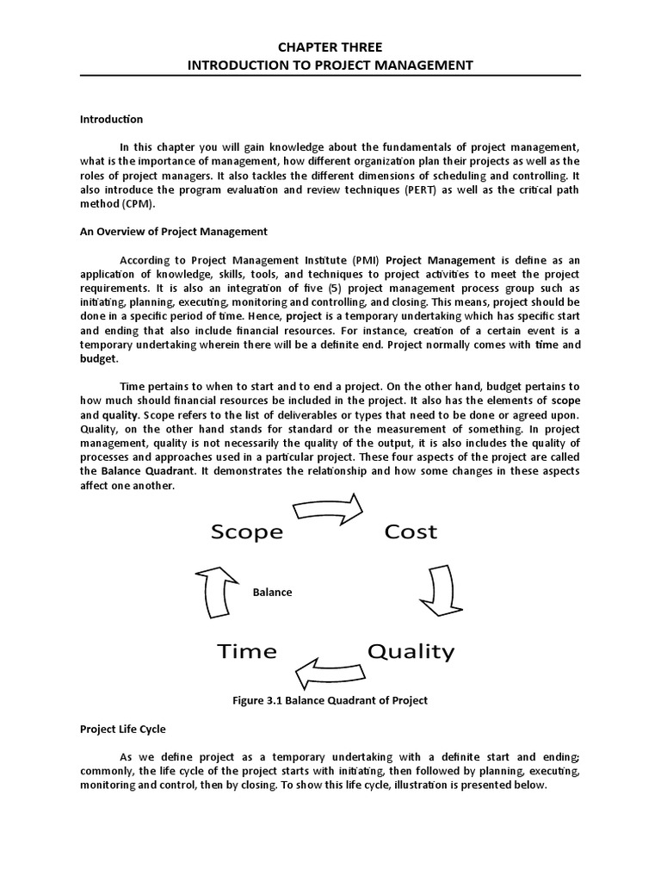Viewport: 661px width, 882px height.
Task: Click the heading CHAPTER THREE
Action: click(x=330, y=47)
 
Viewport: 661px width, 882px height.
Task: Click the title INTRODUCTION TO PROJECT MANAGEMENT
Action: click(x=330, y=65)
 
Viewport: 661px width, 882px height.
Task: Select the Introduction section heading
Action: click(x=111, y=119)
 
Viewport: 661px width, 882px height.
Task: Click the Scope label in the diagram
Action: click(x=247, y=531)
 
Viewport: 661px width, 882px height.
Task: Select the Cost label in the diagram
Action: click(x=411, y=531)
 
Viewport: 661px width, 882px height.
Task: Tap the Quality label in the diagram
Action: click(x=411, y=651)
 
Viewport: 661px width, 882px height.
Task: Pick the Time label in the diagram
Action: click(x=247, y=651)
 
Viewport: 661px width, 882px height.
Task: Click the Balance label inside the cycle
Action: click(x=272, y=592)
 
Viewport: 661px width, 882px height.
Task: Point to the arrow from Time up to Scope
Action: click(x=216, y=591)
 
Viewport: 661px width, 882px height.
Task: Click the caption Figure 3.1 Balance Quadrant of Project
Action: click(x=330, y=700)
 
